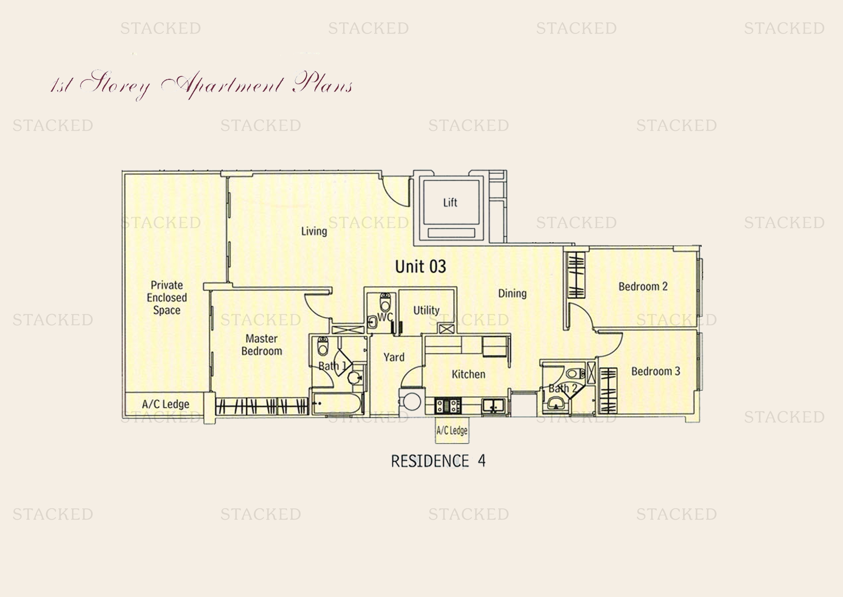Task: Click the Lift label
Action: point(450,202)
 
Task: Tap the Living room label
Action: point(314,231)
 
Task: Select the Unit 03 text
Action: point(420,266)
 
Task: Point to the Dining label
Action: point(512,293)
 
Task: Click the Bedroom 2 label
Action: point(643,286)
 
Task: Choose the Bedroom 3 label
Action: point(656,371)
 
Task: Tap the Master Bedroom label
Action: point(262,345)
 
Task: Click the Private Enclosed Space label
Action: point(167,297)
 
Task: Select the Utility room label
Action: point(426,310)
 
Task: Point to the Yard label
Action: point(394,357)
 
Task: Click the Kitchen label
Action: point(469,374)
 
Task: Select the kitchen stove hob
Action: point(448,406)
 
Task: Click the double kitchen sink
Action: point(493,406)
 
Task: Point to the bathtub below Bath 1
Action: point(337,403)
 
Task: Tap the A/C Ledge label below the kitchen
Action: point(452,431)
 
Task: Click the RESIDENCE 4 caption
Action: point(438,461)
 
